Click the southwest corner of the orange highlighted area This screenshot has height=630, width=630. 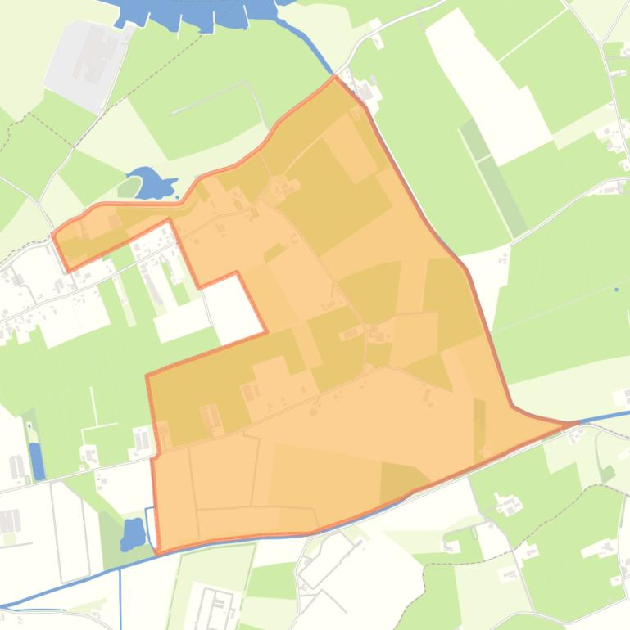click(157, 550)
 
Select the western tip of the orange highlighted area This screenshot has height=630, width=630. click(54, 234)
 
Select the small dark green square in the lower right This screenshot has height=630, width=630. click(607, 473)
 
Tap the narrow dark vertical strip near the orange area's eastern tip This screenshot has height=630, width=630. click(479, 427)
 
